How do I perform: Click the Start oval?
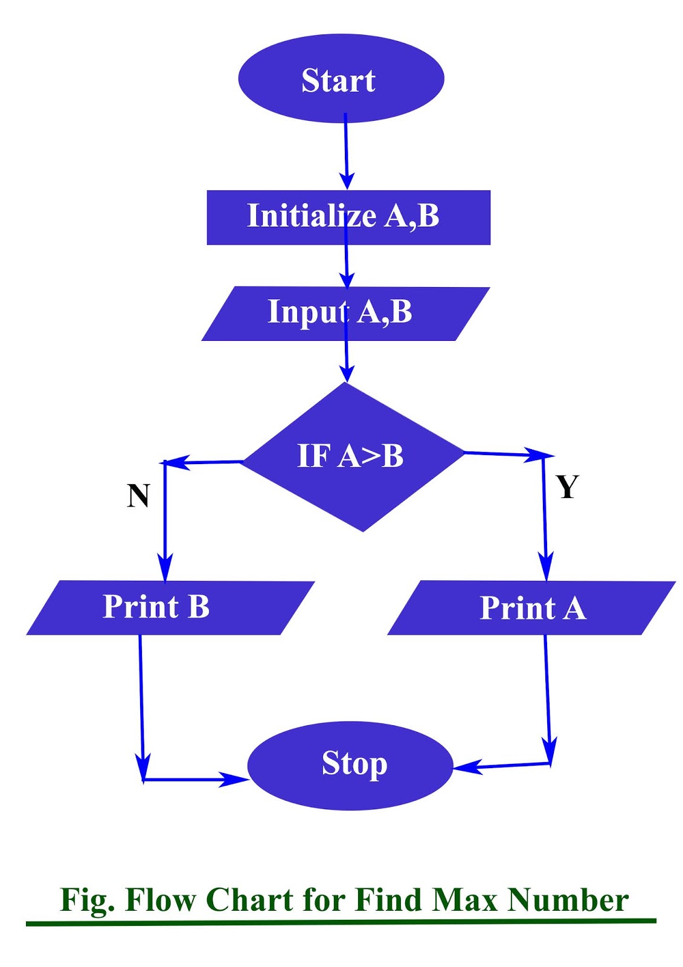341,79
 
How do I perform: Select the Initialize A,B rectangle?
348,217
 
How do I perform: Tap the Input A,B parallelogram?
345,313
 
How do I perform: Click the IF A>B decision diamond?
353,457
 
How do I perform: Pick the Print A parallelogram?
531,608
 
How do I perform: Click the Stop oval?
350,765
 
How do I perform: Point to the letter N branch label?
138,496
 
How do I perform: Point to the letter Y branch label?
567,487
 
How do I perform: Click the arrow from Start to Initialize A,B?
346,151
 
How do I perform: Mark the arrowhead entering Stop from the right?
466,768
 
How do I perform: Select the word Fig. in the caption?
87,901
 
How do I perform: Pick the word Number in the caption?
568,900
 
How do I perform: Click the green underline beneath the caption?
341,922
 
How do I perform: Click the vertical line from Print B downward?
141,701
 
